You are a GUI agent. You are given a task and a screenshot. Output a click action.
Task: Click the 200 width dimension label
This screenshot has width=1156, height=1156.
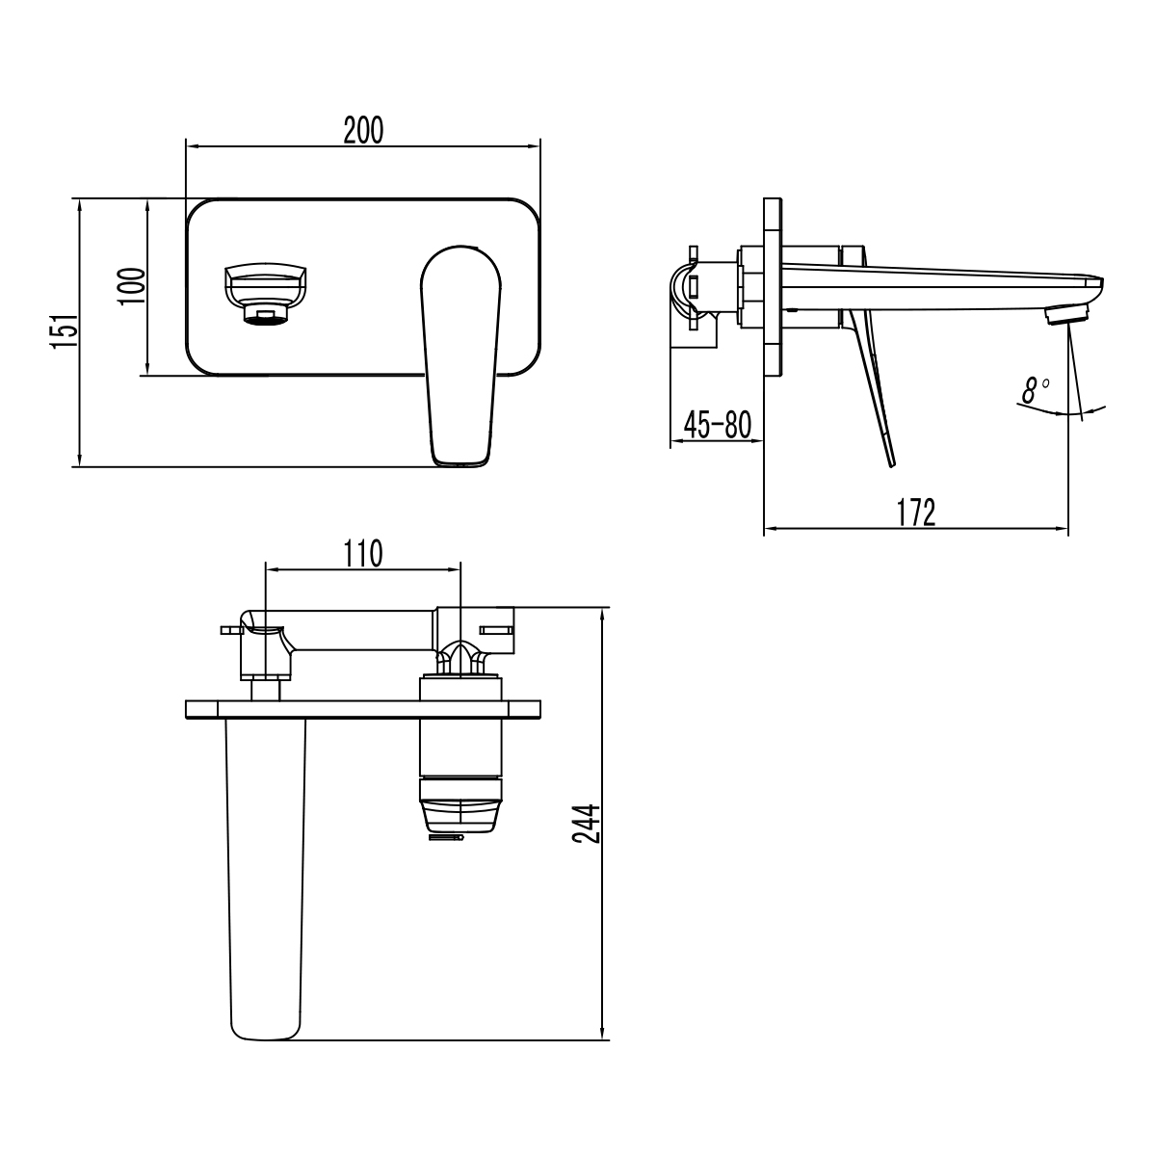(363, 130)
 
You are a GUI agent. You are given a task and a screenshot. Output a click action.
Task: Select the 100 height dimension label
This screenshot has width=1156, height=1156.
(133, 287)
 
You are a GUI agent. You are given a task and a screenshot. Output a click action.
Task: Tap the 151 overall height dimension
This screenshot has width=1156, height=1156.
(63, 332)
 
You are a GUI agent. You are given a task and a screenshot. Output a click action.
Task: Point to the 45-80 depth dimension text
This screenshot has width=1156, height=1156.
(717, 424)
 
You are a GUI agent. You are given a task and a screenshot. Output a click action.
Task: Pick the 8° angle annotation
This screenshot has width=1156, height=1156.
(1037, 391)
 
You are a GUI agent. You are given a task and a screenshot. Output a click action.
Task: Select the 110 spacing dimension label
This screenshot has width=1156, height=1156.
(363, 553)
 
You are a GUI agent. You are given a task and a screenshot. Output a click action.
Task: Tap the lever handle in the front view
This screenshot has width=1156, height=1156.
(461, 356)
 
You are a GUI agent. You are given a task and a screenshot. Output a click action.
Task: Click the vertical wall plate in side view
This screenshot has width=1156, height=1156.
(773, 289)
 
